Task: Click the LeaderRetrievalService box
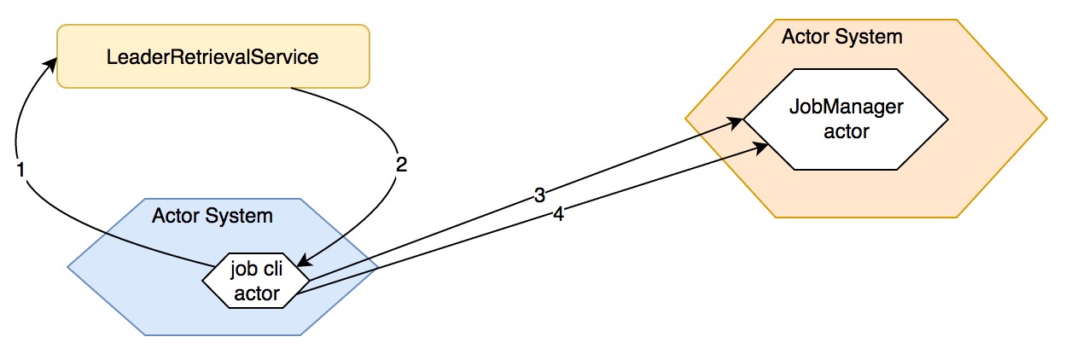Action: click(212, 56)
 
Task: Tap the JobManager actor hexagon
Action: click(845, 119)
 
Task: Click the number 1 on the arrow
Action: click(21, 169)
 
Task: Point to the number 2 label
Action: click(401, 165)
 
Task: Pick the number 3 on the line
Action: click(539, 195)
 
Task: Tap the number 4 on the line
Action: click(558, 215)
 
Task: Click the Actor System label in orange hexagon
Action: click(841, 37)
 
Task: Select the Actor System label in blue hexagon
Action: click(212, 215)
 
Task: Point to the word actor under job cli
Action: click(257, 293)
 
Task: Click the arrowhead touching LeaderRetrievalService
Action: click(52, 62)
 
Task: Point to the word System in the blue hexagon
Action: click(244, 215)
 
